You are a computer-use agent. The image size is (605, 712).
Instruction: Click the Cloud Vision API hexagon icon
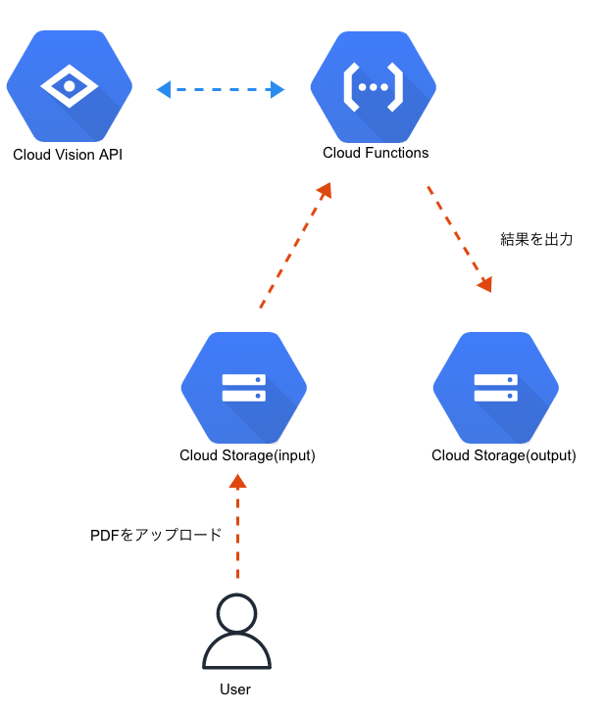point(69,86)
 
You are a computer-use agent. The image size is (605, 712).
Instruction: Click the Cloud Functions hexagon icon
point(373,86)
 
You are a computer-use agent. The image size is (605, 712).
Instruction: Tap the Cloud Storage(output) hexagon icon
point(495,387)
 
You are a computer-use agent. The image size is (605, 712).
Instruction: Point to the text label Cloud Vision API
point(68,155)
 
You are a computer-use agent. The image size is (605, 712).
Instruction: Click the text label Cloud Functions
point(376,154)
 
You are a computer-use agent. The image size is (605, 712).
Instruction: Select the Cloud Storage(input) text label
point(247,455)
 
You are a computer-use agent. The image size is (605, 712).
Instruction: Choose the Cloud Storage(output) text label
point(503,455)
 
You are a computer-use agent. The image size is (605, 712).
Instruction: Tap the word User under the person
point(235,689)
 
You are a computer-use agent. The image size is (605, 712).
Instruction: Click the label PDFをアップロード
point(156,535)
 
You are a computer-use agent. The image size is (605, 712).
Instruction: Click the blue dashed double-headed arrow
point(221,90)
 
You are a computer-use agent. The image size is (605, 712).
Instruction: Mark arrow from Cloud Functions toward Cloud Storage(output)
point(458,237)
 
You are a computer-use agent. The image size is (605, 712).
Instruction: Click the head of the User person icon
point(235,614)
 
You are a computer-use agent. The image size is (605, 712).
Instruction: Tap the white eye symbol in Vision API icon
point(69,86)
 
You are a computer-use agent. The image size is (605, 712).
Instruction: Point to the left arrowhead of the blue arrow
point(164,90)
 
